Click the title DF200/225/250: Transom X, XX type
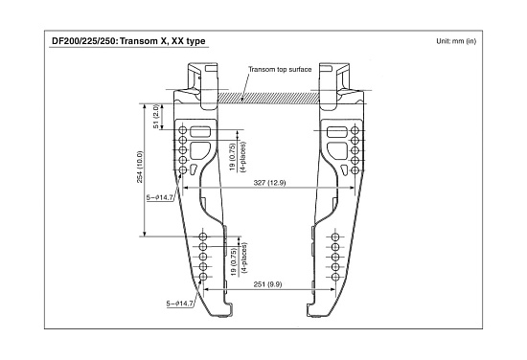(128, 41)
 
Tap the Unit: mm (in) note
(456, 41)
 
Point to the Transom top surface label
(280, 70)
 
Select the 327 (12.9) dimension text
(269, 183)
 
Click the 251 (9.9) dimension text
(267, 284)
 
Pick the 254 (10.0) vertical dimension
(140, 167)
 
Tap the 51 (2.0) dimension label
(156, 116)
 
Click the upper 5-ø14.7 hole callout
(160, 197)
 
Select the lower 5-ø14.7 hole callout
(180, 304)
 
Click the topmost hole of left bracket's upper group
(183, 130)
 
